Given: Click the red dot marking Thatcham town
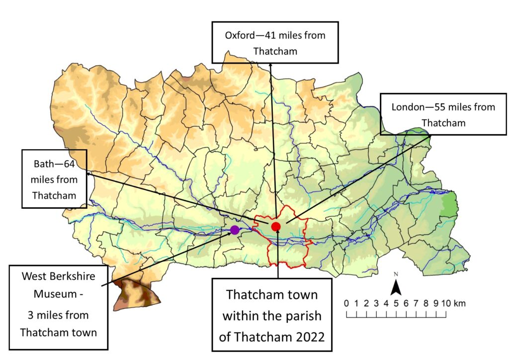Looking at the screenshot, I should tap(276, 227).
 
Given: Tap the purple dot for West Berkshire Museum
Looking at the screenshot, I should tap(235, 230).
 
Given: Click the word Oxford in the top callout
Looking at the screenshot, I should tap(240, 36).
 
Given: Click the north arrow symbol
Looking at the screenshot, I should tap(396, 286).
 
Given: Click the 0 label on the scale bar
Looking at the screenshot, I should tap(346, 303).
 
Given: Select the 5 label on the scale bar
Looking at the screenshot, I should tap(396, 303).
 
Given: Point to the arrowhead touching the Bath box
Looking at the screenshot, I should tap(87, 174).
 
